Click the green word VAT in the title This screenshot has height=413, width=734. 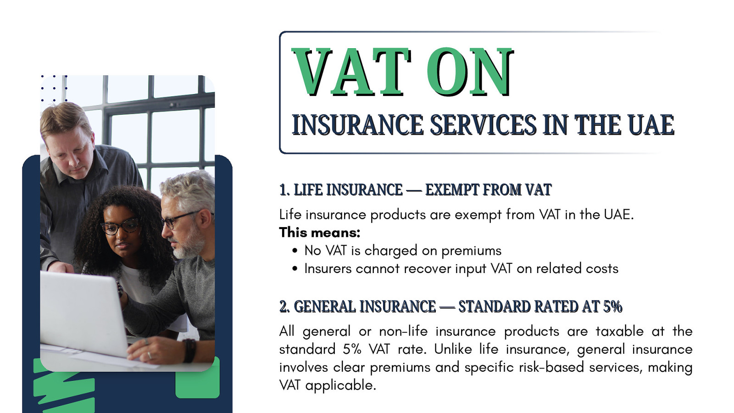pos(351,72)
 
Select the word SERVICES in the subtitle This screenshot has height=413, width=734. pos(483,125)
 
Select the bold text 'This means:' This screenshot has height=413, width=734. pos(319,232)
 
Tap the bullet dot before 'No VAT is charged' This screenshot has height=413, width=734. pos(295,251)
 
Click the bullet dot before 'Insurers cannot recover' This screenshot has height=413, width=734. pos(295,269)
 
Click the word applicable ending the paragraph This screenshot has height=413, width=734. pos(340,385)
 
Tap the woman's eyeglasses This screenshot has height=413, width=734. pos(121,227)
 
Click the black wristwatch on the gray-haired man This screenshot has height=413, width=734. pos(190,351)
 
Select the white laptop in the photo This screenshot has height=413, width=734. pos(84,313)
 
